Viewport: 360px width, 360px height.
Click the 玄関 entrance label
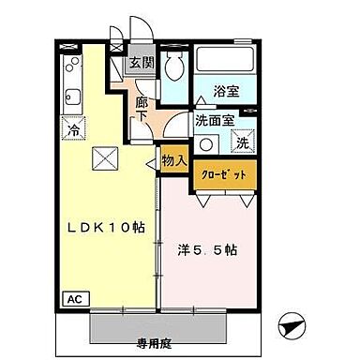point(142,64)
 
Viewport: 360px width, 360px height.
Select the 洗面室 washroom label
point(214,121)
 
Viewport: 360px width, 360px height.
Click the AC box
point(72,300)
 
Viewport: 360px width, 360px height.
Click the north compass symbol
point(293,327)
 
